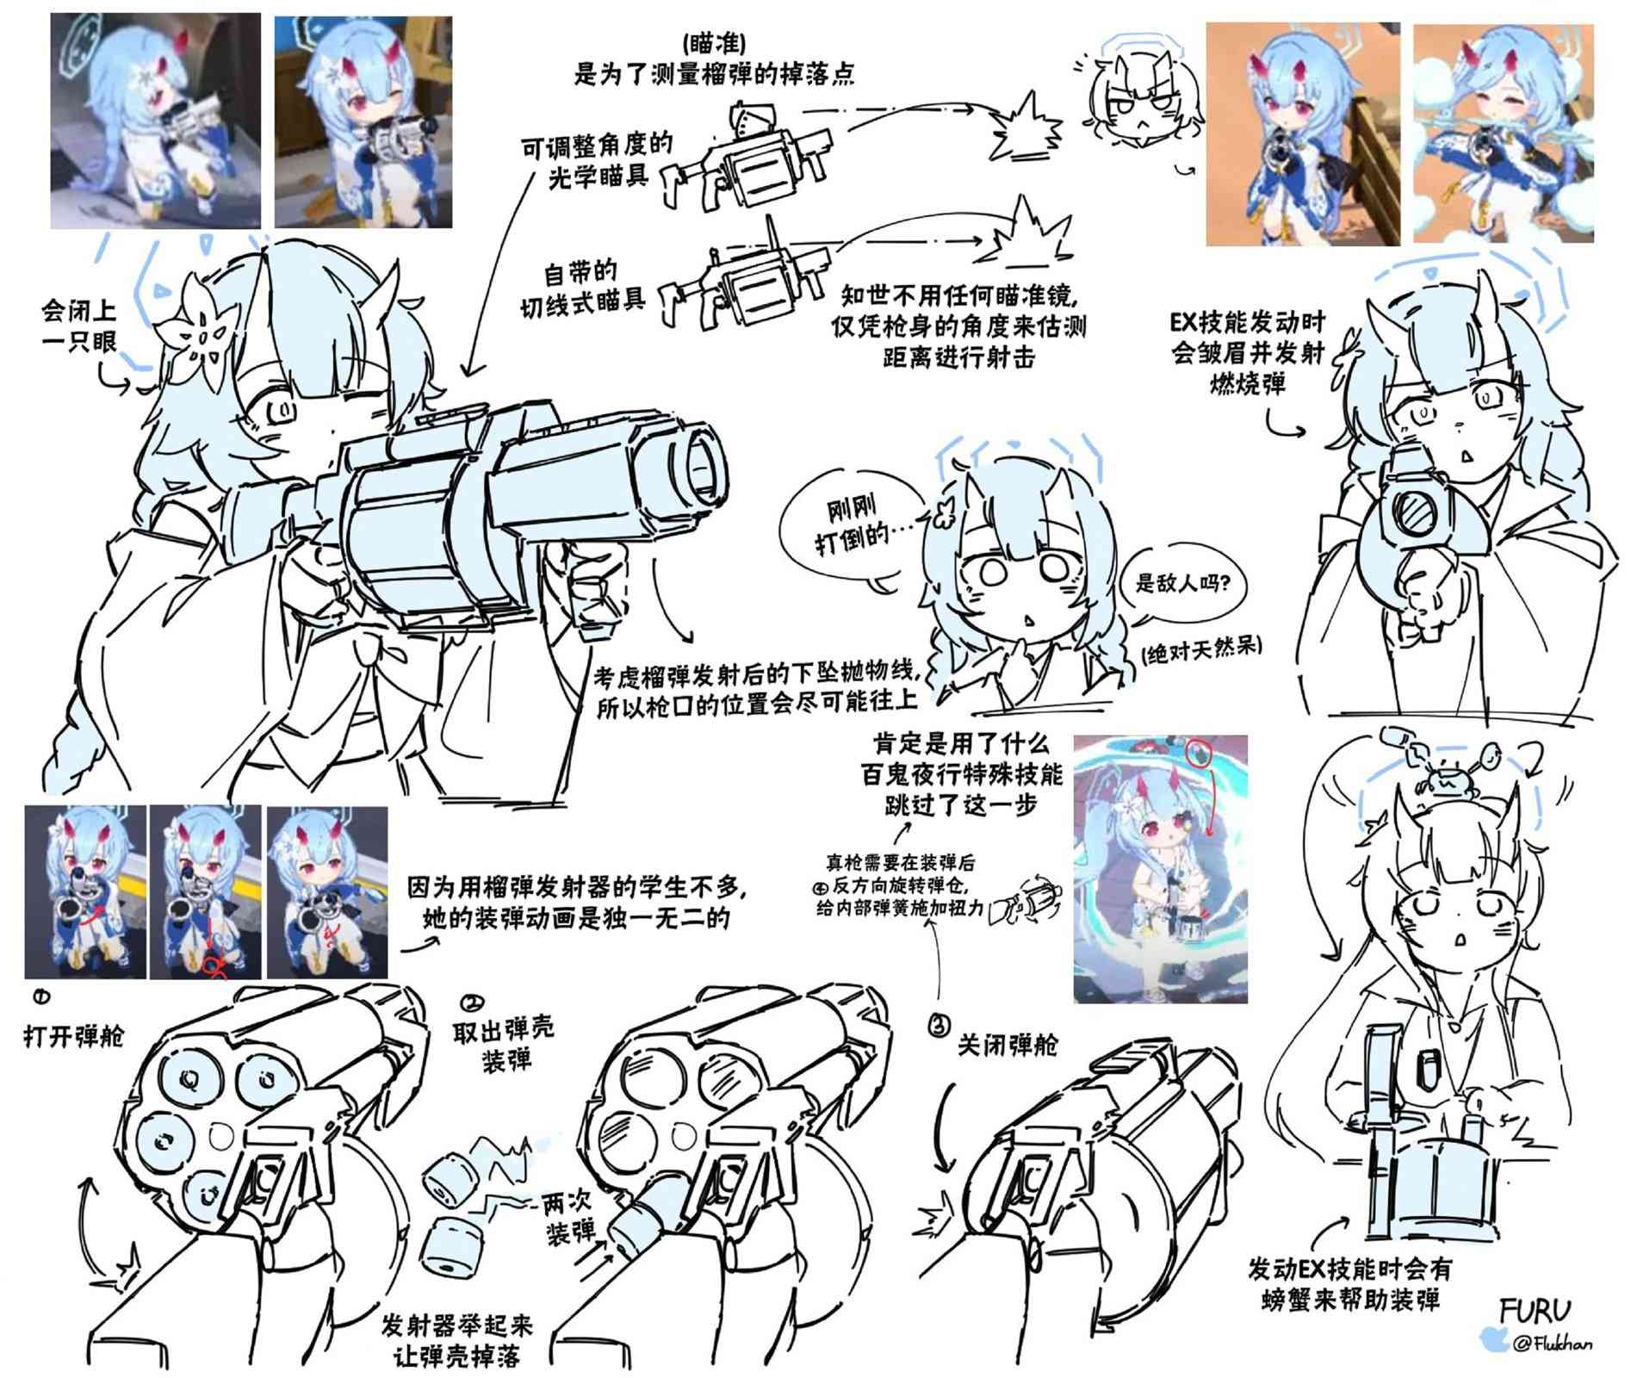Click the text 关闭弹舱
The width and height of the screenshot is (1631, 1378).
pos(1008,1046)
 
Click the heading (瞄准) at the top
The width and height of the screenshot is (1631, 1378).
pos(713,42)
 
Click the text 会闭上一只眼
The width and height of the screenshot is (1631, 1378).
pos(79,325)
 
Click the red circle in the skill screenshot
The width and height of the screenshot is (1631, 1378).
pos(1199,753)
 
